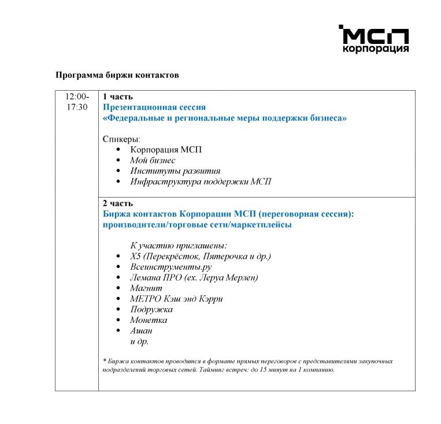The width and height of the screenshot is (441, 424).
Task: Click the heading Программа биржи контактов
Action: pos(117,75)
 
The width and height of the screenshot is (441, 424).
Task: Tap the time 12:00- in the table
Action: pos(77,96)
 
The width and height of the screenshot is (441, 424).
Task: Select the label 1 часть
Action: pos(118,96)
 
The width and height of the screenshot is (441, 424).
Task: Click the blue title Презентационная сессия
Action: pos(154,107)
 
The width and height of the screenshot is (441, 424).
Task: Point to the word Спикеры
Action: pos(121,139)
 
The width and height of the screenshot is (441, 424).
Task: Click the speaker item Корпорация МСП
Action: pos(166,150)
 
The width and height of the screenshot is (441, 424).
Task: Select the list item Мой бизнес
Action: pos(153,160)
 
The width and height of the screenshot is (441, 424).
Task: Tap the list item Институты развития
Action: pos(175,171)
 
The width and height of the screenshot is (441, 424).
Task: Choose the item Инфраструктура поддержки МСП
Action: pos(201,181)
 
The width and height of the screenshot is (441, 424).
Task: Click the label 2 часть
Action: pos(118,203)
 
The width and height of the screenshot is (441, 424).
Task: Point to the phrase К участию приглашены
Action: pos(179,246)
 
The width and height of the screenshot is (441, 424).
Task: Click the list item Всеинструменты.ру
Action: pos(171,267)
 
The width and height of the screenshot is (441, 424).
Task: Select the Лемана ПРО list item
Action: pos(194,277)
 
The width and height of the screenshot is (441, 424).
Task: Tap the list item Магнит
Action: pos(146,288)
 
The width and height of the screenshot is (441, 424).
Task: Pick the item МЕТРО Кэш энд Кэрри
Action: pos(177,299)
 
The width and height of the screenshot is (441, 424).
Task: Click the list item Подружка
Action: pos(151,309)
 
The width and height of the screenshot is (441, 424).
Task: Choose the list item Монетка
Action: pos(149,320)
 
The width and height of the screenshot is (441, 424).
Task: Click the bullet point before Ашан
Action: pos(117,331)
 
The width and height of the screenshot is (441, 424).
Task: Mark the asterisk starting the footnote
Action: pos(104,361)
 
